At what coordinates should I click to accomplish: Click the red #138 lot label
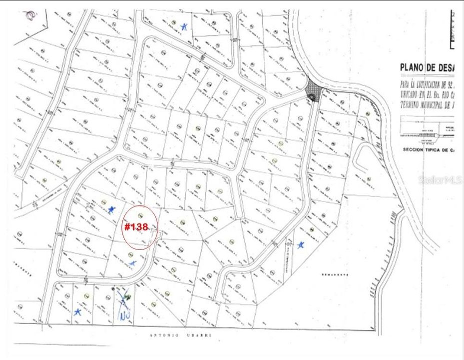coord(136,227)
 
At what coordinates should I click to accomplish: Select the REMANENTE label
coord(334,275)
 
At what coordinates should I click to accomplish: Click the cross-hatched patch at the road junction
coord(314,91)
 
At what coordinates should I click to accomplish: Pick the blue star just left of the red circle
coord(111,210)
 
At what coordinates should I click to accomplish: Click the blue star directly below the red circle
coord(132,262)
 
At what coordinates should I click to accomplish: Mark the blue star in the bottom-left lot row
coord(77,311)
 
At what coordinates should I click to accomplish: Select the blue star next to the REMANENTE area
coord(301,245)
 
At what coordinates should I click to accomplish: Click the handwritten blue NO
coord(124,315)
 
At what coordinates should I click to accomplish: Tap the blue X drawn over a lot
coord(124,298)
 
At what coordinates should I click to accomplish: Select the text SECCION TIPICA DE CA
coord(432,149)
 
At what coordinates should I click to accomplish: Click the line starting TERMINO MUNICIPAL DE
coord(430,103)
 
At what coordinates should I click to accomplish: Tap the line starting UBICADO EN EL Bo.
coord(430,93)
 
